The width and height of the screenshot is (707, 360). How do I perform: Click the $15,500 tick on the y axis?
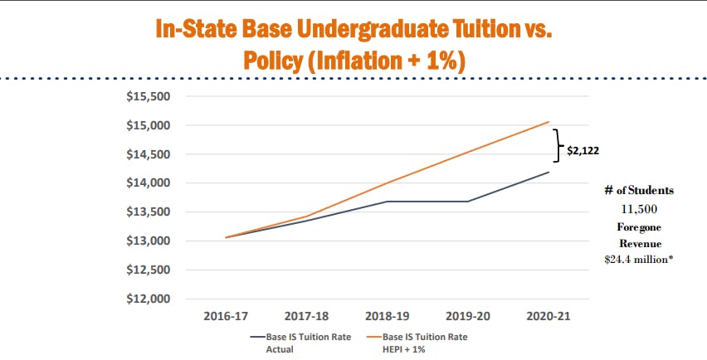click(x=147, y=96)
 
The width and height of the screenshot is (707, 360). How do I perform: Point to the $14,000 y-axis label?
click(x=147, y=183)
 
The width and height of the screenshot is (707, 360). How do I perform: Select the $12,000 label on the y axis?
click(x=147, y=299)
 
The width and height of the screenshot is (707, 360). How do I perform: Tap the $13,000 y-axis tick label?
click(x=147, y=241)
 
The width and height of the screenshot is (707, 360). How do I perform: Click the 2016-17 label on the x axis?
click(x=225, y=316)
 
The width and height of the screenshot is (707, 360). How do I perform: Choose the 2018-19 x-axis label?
click(x=386, y=316)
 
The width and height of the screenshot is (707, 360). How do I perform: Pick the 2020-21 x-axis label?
click(x=547, y=316)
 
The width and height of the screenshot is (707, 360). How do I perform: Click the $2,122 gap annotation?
click(x=583, y=151)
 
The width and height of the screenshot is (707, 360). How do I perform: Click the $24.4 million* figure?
click(x=639, y=260)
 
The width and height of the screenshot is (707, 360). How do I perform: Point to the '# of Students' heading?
click(x=639, y=190)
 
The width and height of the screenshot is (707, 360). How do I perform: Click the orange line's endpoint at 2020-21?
click(x=547, y=122)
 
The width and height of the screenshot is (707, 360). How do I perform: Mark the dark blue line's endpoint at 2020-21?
click(x=547, y=172)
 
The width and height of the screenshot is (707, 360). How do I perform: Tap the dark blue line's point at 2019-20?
click(x=466, y=202)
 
